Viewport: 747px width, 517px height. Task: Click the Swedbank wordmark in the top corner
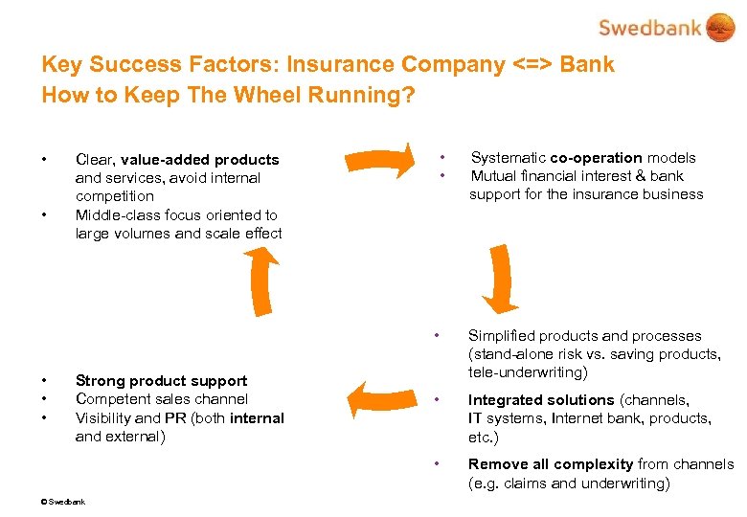click(650, 27)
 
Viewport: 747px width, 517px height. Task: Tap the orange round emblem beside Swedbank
click(719, 27)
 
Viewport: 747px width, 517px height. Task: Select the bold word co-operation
click(596, 158)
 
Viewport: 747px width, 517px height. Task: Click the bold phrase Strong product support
click(161, 381)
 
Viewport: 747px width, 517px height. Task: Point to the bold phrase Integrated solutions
click(541, 400)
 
